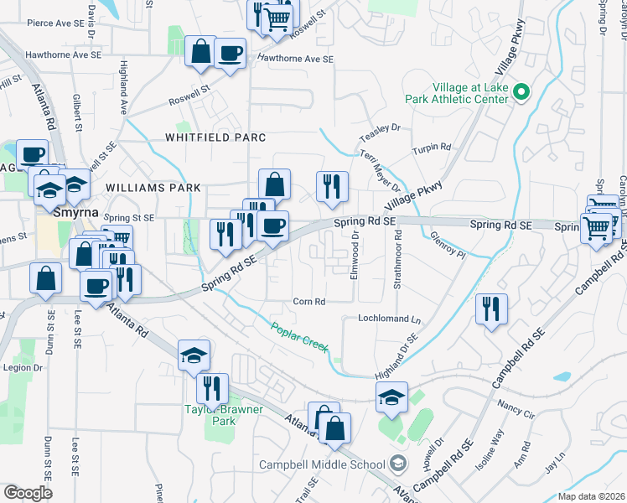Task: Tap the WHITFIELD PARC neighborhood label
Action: (215, 137)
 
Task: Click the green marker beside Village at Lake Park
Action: (520, 92)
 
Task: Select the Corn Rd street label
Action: (308, 302)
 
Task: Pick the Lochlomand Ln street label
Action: (389, 319)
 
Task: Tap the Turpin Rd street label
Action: (432, 148)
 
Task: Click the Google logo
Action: (28, 492)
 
